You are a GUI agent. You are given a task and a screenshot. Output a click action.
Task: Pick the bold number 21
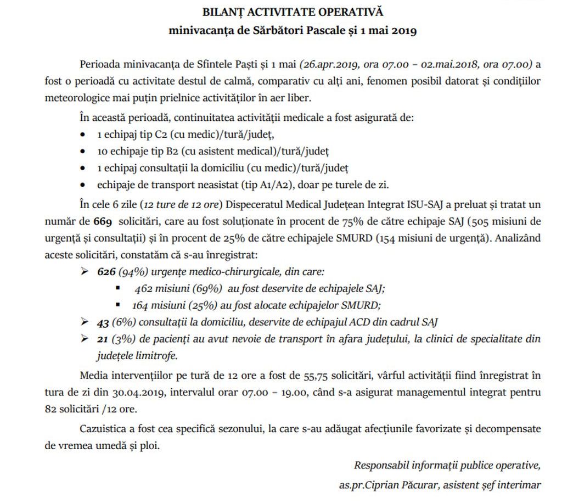(x=103, y=339)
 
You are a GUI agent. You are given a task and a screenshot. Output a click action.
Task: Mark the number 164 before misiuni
(x=141, y=305)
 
